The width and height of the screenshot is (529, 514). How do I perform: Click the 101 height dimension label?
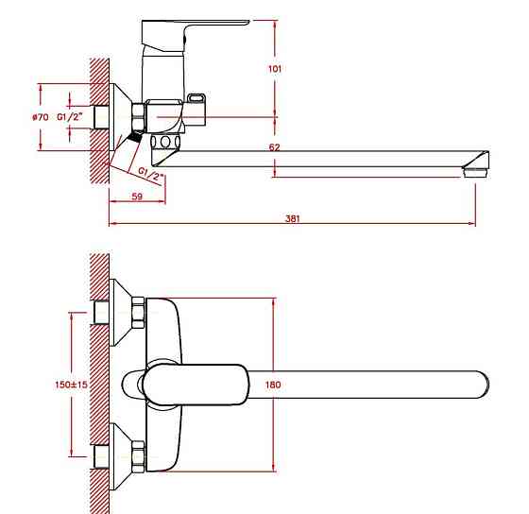[x=275, y=69]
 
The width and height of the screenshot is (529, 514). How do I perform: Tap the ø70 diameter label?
[x=40, y=117]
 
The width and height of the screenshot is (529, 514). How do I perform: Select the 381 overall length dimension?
[x=292, y=218]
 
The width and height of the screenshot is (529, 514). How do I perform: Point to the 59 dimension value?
[x=137, y=197]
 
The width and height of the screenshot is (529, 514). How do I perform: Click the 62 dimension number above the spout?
[x=274, y=147]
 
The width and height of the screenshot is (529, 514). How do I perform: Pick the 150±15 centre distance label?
[x=71, y=385]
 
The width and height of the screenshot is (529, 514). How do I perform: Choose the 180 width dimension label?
[x=273, y=385]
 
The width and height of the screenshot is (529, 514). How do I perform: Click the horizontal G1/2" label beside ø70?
[x=70, y=117]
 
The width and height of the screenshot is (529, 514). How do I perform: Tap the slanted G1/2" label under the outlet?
[x=151, y=174]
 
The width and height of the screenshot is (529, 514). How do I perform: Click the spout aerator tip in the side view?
[x=476, y=173]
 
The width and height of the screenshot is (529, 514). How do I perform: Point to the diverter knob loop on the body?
[x=196, y=98]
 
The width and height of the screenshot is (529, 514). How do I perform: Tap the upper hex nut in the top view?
[x=138, y=313]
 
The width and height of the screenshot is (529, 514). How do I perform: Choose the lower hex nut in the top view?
[x=138, y=456]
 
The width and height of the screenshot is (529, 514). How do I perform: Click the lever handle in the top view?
[x=196, y=385]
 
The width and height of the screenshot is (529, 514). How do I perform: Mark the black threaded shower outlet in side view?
[x=136, y=136]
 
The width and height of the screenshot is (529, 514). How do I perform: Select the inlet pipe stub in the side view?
[x=101, y=117]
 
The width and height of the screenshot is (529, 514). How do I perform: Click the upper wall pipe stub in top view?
[x=101, y=313]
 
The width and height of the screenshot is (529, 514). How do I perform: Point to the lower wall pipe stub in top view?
[x=101, y=456]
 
